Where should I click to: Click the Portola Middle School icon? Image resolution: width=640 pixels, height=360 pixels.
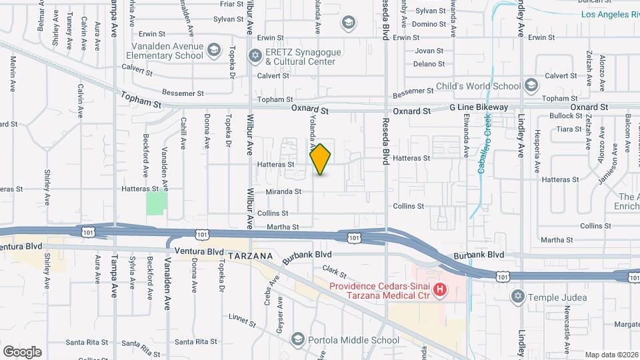point(297,340)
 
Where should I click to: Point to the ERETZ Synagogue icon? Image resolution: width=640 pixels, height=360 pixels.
point(255,55)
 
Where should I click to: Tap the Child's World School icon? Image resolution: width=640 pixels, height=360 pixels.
point(531,86)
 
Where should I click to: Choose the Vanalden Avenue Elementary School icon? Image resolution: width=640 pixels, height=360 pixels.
point(213,51)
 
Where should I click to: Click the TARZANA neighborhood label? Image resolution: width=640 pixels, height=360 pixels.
point(250,255)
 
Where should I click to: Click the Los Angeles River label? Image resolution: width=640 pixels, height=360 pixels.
point(609,14)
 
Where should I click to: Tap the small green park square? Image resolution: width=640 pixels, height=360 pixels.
point(156,201)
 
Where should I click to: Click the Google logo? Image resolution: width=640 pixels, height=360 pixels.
point(22,351)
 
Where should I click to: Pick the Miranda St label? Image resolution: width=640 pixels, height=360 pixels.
point(285,191)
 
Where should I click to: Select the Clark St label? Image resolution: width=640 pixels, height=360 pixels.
point(335,271)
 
